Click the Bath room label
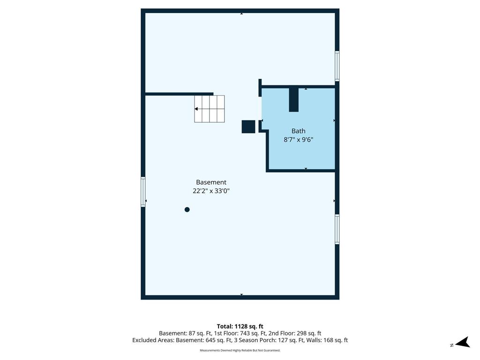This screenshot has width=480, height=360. [298, 131]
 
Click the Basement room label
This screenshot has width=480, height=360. [211, 182]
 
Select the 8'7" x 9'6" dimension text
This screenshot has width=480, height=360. [298, 140]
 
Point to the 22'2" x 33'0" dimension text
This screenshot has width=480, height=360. [211, 191]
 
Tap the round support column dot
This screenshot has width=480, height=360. [187, 210]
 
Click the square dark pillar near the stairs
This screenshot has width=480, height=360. [248, 127]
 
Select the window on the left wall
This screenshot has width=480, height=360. [143, 192]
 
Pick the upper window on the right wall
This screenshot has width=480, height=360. [337, 66]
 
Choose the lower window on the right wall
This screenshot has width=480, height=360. [337, 229]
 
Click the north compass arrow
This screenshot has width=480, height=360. [463, 342]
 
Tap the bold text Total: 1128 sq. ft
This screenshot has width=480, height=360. [240, 326]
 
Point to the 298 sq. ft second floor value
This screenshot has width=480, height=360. [309, 333]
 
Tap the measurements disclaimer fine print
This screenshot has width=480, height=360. [240, 350]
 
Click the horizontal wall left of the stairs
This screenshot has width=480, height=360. [179, 94]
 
